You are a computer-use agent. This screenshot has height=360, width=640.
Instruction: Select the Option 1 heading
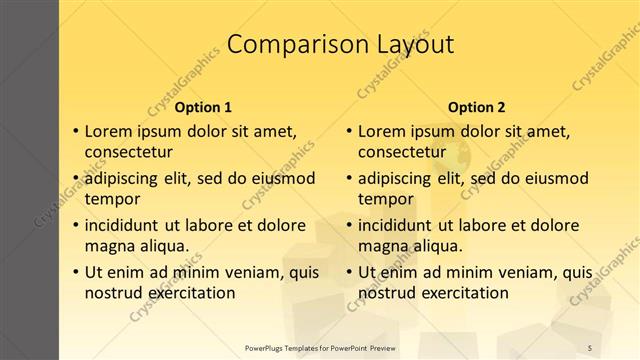coord(203,107)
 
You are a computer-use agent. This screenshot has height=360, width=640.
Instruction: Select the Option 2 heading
coord(477,107)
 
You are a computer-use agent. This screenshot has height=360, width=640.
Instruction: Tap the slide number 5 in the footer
coord(590,347)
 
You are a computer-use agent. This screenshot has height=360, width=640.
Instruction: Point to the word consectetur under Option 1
coord(129,152)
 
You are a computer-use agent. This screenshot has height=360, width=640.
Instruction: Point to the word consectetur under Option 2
coord(402,152)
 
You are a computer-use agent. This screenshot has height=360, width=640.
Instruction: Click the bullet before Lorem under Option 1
coord(75,131)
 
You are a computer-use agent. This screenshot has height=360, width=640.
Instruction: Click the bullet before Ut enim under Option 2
coord(348,272)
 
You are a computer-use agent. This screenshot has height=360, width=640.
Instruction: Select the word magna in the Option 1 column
coord(108,246)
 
